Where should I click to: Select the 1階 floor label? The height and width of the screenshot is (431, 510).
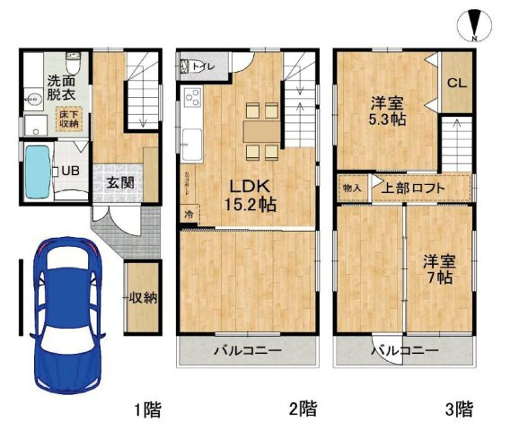(148, 410)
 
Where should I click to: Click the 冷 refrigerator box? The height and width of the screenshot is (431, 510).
(189, 215)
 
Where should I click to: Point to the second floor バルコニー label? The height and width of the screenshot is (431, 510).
(247, 350)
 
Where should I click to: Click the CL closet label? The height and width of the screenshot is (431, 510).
(456, 84)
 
